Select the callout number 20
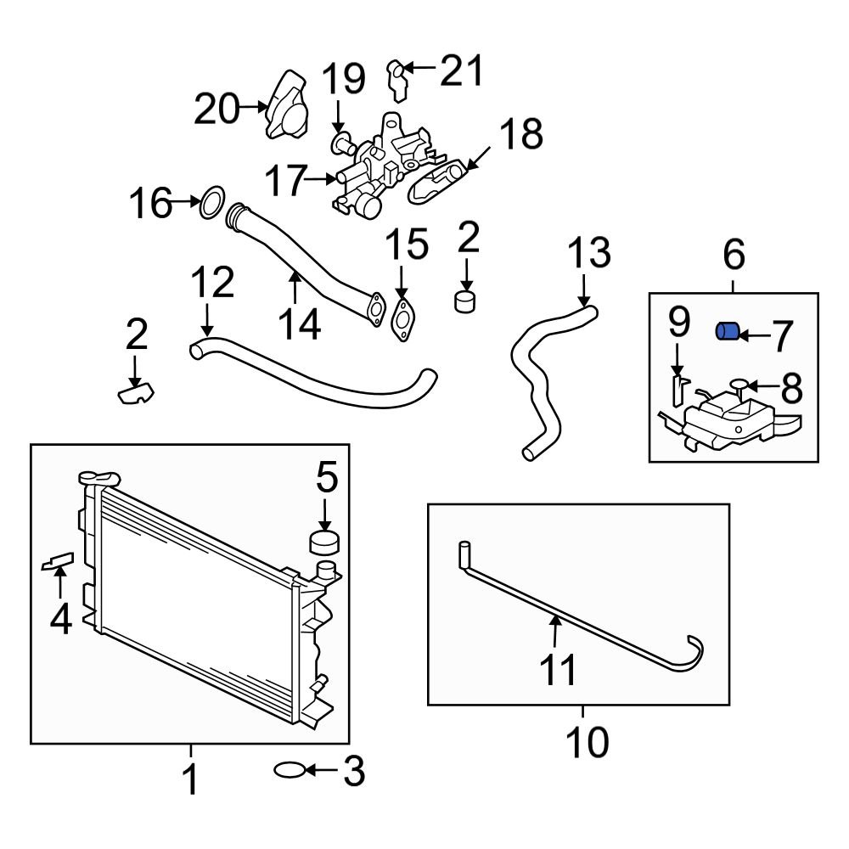click(x=216, y=109)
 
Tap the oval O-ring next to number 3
click(x=289, y=771)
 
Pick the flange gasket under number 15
click(x=402, y=315)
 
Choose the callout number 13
click(x=588, y=253)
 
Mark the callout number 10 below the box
click(x=586, y=744)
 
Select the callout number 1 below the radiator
click(x=191, y=779)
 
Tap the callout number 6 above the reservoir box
click(x=734, y=254)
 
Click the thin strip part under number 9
click(x=678, y=391)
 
